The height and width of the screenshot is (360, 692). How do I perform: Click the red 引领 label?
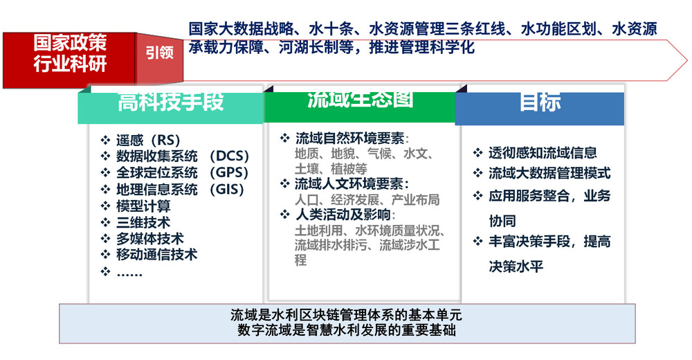coord(160,53)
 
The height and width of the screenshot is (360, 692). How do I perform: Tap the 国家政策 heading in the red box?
coord(70,43)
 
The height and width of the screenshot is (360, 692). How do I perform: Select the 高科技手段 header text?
coord(171,102)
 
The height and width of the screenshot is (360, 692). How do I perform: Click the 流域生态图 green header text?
coord(360,100)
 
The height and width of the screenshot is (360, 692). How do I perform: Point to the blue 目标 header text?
coord(540,102)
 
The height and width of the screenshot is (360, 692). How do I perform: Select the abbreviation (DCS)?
coord(230,156)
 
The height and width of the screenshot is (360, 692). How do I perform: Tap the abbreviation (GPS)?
coord(229,172)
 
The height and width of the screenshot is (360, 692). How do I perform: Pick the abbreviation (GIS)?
coord(227,189)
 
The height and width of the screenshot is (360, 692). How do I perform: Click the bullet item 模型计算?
coord(143,206)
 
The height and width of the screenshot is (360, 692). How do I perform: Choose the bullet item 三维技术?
coord(143,222)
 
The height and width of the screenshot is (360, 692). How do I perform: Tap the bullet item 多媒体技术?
coord(150,239)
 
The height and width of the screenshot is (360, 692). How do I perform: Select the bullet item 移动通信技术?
coord(156,255)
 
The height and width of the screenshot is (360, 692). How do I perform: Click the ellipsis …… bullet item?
coord(129,272)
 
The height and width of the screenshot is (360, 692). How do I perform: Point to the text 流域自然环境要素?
coord(349,138)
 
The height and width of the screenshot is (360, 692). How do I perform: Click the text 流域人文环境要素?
coord(349,183)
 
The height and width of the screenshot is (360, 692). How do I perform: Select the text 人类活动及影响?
coord(343,215)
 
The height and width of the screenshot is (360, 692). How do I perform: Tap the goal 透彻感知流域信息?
coord(543,153)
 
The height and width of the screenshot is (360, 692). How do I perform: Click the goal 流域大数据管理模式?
coord(549,173)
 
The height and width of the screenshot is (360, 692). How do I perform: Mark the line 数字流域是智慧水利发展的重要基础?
coord(347,330)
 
